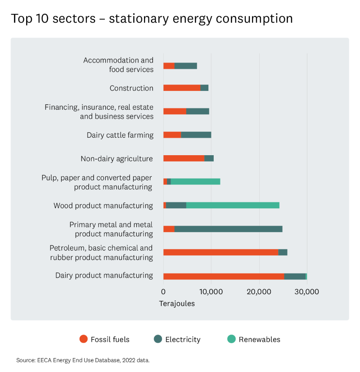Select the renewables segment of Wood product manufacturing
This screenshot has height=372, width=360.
[233, 205]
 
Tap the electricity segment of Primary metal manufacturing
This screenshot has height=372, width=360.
[228, 229]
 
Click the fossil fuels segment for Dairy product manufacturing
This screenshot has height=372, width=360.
[223, 276]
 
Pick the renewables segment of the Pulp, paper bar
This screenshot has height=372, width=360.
[195, 181]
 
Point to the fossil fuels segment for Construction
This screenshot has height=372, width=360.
[181, 88]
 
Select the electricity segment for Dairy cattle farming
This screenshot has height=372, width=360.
[196, 134]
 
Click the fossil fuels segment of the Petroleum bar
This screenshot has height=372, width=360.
[220, 252]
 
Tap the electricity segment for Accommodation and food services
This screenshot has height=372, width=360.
[185, 66]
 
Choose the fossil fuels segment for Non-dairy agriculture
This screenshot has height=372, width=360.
[184, 158]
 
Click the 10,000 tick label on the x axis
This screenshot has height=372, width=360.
[211, 291]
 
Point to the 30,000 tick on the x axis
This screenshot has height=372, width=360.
[306, 291]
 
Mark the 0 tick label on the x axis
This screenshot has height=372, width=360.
[163, 291]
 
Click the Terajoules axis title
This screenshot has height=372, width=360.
[177, 304]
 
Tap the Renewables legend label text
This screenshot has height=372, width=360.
[259, 340]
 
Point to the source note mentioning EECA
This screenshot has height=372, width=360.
[83, 360]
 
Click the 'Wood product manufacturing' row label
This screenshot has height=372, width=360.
[103, 206]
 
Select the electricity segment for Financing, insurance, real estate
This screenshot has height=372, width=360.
[198, 111]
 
